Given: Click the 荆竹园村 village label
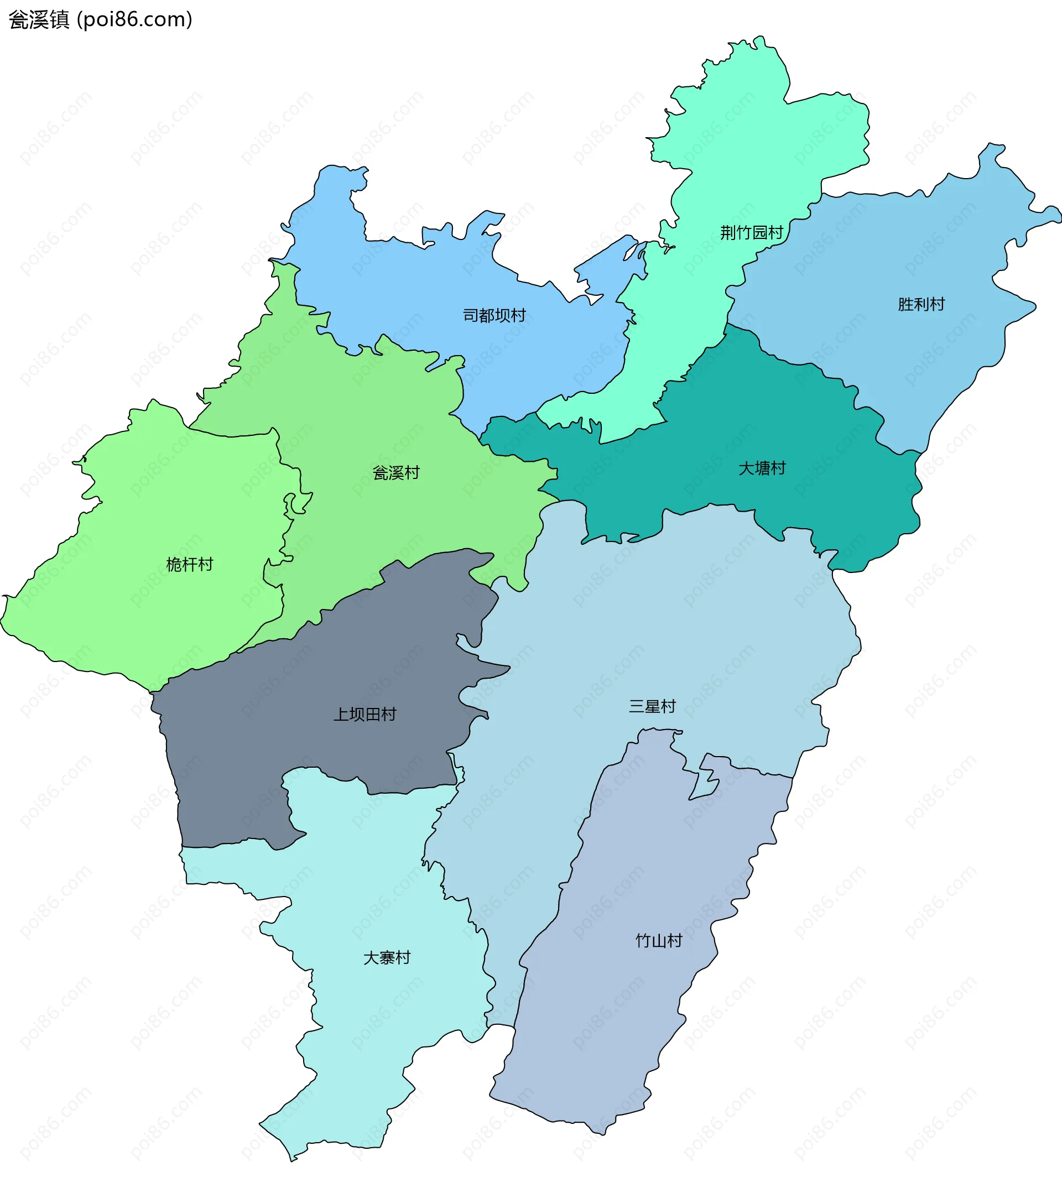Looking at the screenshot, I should [x=751, y=233].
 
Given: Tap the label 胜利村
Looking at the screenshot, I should [x=922, y=304].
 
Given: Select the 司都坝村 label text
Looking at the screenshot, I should [x=494, y=315].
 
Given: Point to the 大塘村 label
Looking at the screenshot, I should [x=762, y=468].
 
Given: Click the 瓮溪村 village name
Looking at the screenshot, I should [x=396, y=472].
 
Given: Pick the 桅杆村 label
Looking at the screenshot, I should [x=189, y=564].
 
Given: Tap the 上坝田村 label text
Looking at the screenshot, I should [x=365, y=714].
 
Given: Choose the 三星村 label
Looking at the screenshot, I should [x=652, y=706].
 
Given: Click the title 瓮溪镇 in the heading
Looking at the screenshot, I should [x=39, y=20].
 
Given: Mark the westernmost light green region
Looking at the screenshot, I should [x=147, y=616].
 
